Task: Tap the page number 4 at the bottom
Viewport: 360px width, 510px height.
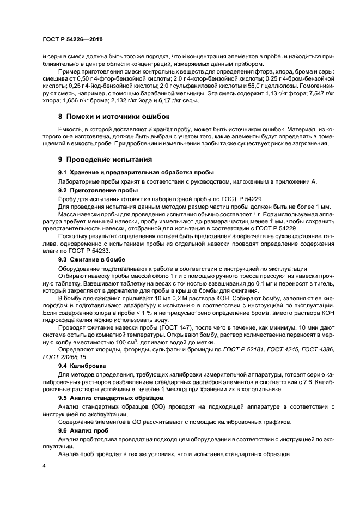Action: (x=44, y=467)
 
